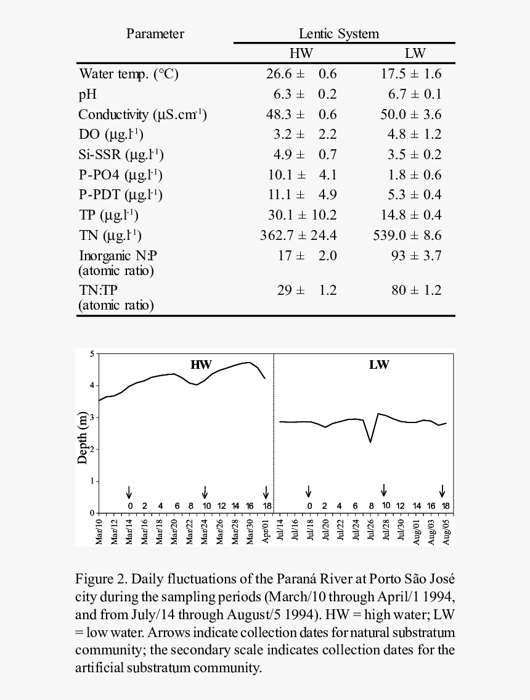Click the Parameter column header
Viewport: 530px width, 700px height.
pos(155,34)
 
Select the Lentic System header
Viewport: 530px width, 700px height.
pos(339,34)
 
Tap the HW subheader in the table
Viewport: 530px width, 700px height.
pos(301,54)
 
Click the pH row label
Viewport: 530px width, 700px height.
pos(88,94)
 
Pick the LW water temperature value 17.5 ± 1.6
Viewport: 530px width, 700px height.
pos(410,74)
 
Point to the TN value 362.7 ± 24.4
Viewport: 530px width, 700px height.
pos(298,236)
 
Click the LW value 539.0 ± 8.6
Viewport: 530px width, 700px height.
pos(407,236)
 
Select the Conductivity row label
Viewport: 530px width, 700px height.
pos(142,115)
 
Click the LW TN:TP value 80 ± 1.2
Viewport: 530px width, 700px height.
pos(416,290)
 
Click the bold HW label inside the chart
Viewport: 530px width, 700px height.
pos(200,364)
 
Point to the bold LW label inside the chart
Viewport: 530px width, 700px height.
pos(379,364)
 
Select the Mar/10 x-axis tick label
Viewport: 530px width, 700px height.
pos(99,532)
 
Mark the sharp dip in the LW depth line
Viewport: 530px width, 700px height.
pos(370,442)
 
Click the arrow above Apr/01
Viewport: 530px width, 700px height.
pos(266,492)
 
